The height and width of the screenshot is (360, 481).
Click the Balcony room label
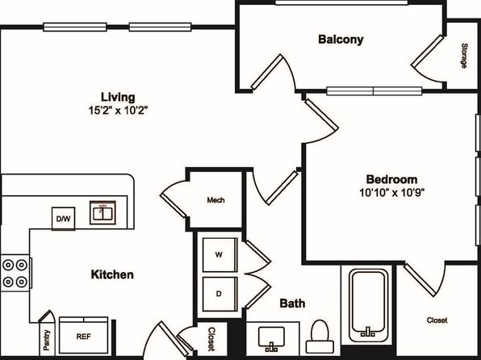tap(341, 40)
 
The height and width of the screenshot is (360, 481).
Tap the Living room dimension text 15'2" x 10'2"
tap(118, 110)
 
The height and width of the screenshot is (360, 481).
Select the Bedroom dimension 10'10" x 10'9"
tap(391, 192)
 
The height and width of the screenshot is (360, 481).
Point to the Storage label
tap(464, 56)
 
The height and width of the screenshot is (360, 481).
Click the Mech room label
tap(215, 200)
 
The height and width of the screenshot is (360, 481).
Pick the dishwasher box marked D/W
tap(64, 219)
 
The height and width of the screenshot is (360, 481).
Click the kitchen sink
tap(102, 212)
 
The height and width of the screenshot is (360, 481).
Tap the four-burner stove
tap(15, 273)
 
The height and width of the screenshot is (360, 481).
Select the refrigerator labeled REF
tap(83, 336)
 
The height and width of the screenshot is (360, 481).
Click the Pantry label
tap(47, 340)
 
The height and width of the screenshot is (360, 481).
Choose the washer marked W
tap(220, 255)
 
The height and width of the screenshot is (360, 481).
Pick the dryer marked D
tap(220, 294)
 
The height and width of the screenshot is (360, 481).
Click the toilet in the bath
tap(320, 337)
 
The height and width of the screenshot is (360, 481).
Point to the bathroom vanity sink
tap(271, 339)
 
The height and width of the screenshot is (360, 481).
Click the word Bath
tap(292, 303)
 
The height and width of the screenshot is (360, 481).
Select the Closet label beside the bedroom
tap(437, 320)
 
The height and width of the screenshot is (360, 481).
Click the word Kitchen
tap(112, 274)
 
